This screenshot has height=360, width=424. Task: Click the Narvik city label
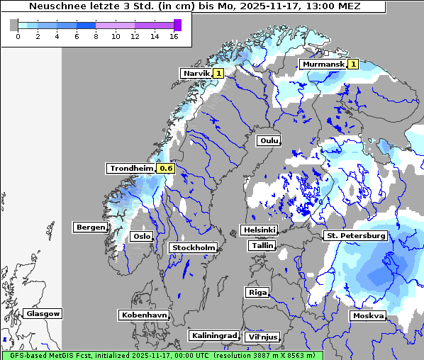(196, 73)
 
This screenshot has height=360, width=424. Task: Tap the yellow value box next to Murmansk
(353, 64)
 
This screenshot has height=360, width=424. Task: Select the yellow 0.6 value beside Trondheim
(166, 169)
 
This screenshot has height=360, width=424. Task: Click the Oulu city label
(269, 141)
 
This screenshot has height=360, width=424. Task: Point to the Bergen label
(89, 227)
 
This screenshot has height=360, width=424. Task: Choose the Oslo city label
(142, 237)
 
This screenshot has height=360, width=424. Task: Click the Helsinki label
(259, 230)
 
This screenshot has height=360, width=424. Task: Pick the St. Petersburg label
(355, 235)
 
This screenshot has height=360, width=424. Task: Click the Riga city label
(257, 292)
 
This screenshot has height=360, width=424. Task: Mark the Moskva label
(368, 316)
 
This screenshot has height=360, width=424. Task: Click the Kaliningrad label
(213, 335)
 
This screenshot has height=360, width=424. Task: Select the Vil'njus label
(262, 337)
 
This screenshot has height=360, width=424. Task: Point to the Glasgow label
(43, 313)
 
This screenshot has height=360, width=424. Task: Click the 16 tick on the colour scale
(174, 36)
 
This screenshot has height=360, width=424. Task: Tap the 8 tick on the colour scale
(96, 36)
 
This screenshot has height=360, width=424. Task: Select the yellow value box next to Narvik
(218, 73)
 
